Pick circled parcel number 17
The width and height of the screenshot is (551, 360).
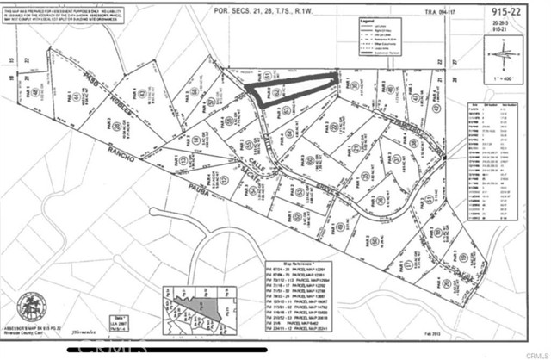465,256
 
